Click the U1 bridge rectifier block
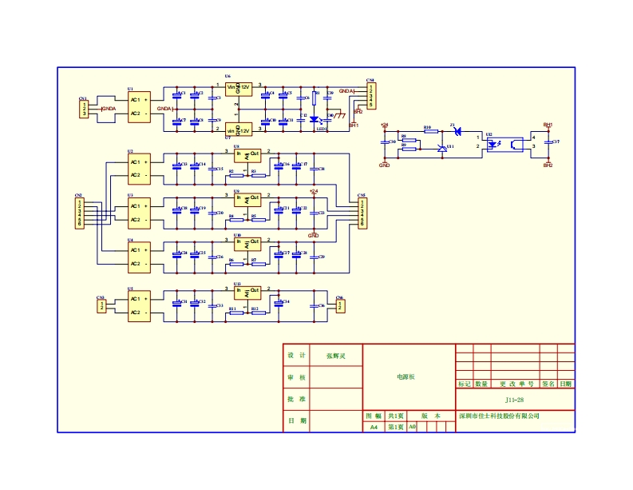coord(138,106)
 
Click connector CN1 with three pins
coord(84,110)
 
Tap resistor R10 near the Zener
coord(430,132)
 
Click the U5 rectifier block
coord(138,305)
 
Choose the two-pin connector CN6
coord(340,305)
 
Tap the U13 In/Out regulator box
coord(247,291)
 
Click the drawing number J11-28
coord(514,400)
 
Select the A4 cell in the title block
coord(374,428)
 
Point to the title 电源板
coord(406,376)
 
